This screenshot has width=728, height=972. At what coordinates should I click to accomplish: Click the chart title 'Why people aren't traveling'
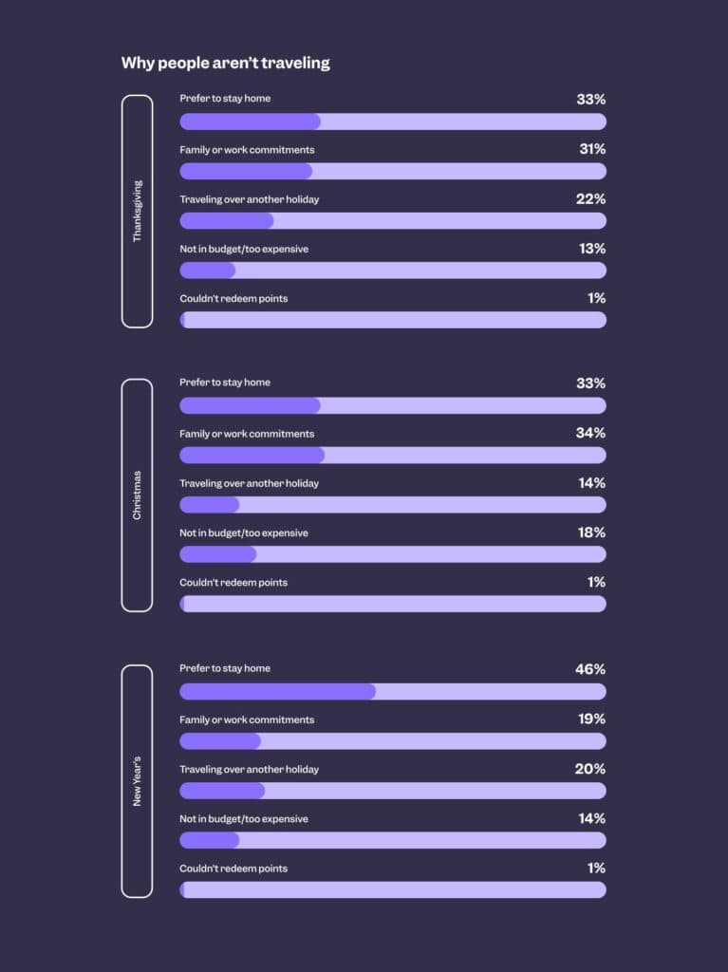click(x=226, y=63)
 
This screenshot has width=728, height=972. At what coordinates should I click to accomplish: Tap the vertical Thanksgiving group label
click(x=137, y=211)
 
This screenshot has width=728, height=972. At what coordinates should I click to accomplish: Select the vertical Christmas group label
click(x=137, y=495)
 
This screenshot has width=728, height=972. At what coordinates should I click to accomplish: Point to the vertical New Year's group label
click(x=137, y=780)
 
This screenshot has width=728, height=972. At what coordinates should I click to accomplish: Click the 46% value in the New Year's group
click(x=589, y=669)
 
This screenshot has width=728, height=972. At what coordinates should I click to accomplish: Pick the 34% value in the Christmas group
click(x=590, y=433)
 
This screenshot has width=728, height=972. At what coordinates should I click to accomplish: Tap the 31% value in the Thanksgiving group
click(x=592, y=149)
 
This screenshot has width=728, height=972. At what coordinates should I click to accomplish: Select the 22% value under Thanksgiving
click(x=590, y=198)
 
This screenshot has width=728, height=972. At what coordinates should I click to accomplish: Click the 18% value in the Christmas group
click(x=591, y=533)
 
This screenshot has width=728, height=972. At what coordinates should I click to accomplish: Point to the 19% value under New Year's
click(x=591, y=719)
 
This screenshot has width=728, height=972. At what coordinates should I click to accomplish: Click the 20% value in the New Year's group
click(x=589, y=769)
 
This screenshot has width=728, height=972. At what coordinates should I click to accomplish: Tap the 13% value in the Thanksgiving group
click(x=591, y=249)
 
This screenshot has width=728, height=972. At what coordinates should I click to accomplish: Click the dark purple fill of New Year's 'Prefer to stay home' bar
click(x=277, y=691)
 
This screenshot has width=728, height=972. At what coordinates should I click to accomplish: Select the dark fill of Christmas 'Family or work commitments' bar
click(x=252, y=456)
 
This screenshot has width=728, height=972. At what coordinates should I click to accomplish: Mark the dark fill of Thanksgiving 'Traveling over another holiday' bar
click(x=226, y=221)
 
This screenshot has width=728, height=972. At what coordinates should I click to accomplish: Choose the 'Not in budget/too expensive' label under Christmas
click(x=244, y=533)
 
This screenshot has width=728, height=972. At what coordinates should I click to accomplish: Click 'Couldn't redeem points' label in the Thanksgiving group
click(x=233, y=298)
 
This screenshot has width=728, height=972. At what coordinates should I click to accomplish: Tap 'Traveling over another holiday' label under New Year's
click(x=249, y=769)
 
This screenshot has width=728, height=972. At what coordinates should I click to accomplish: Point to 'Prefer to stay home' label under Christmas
click(x=225, y=383)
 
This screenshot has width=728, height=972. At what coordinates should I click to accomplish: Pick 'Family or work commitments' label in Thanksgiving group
click(x=247, y=150)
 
